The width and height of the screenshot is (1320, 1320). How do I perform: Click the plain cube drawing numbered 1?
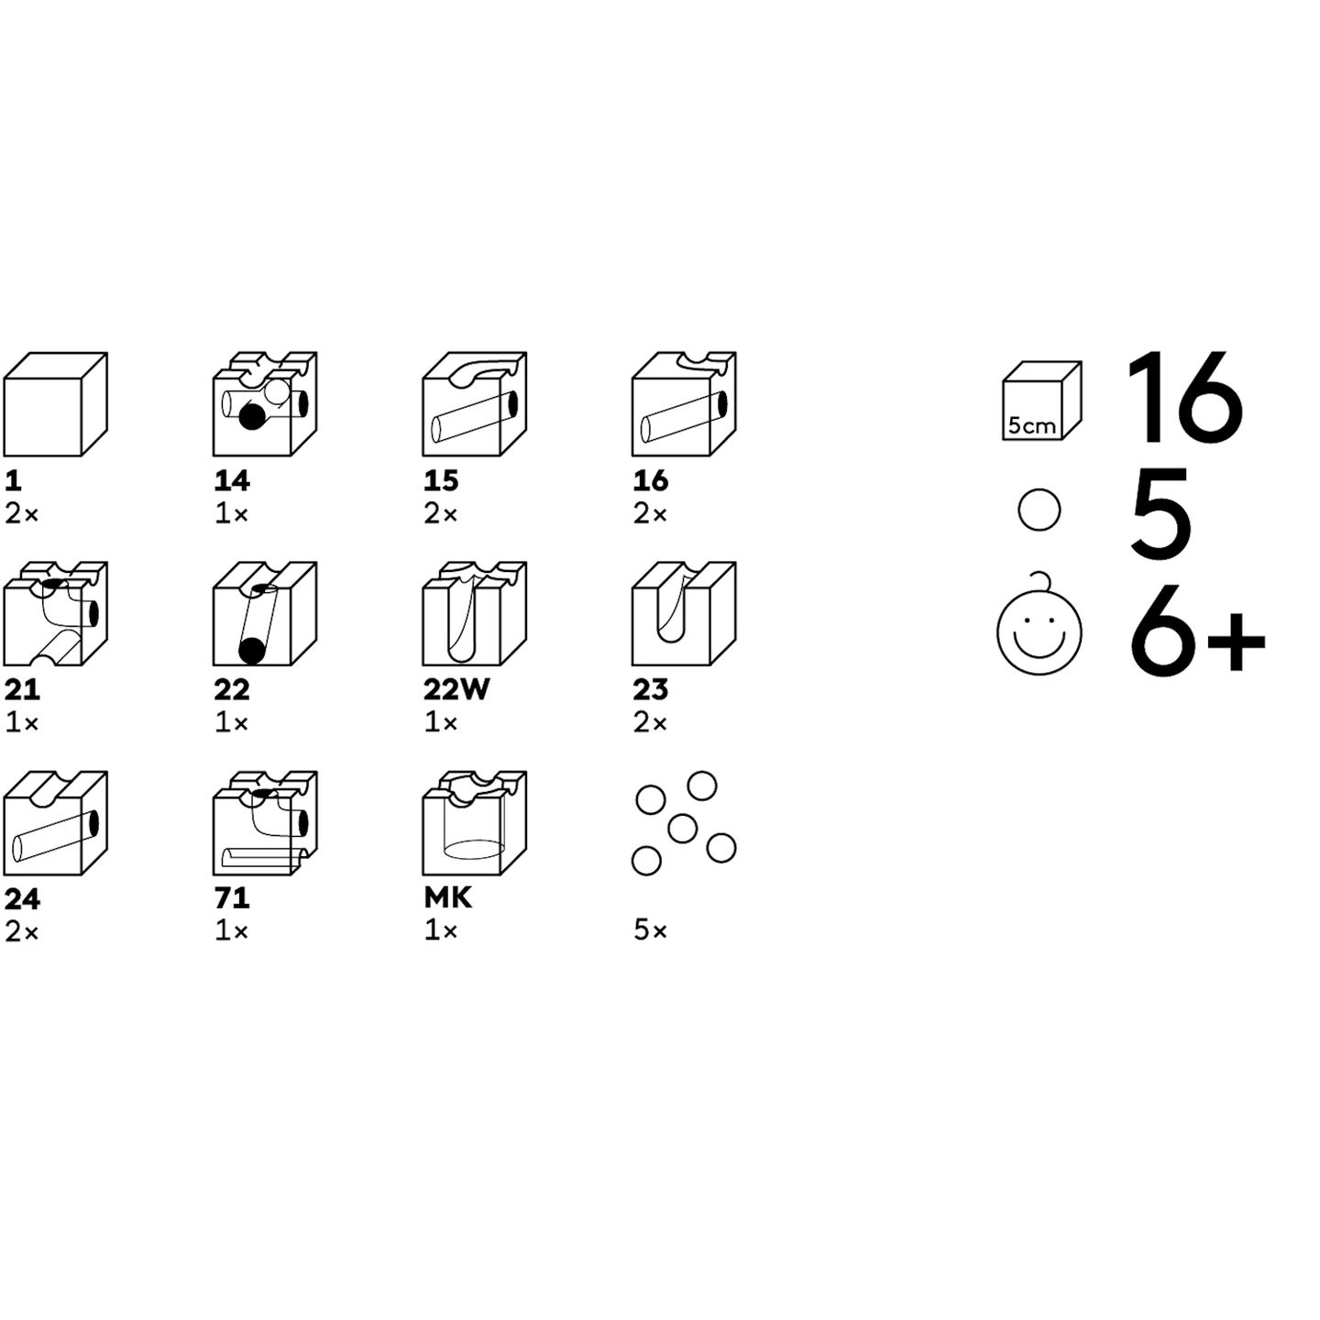pos(56,404)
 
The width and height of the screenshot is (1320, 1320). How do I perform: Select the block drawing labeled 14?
pos(265,404)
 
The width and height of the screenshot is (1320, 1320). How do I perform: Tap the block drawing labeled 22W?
pos(475,614)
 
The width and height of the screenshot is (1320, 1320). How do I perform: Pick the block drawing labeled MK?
pos(475,822)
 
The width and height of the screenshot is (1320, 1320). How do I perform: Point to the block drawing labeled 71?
pos(265,822)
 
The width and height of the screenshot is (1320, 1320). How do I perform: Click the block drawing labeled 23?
pos(685,614)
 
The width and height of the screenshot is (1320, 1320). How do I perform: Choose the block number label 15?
pos(440,481)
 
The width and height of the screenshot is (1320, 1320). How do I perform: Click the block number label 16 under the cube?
pos(651,481)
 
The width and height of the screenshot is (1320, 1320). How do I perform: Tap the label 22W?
pos(456,690)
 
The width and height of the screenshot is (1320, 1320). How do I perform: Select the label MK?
pos(448,898)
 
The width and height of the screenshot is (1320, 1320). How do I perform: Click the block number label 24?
pos(22,898)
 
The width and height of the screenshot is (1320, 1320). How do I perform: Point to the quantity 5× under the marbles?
pos(650,930)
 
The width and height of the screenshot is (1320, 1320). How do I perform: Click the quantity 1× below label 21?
pos(22,722)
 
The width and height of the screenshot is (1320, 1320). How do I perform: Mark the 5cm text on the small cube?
pos(1031,425)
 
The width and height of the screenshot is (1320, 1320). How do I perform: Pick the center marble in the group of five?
pos(682,829)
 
